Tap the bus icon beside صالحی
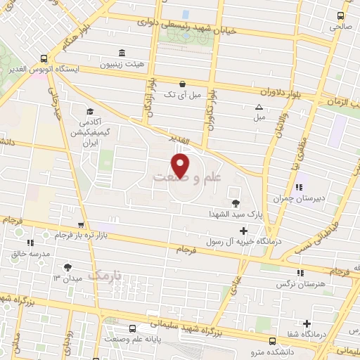click(x=340, y=15)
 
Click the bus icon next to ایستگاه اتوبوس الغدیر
click(x=44, y=59)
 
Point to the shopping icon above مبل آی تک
click(x=182, y=82)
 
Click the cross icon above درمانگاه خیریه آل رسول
click(x=243, y=231)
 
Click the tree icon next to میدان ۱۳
click(x=67, y=266)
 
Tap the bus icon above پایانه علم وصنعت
click(x=133, y=328)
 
